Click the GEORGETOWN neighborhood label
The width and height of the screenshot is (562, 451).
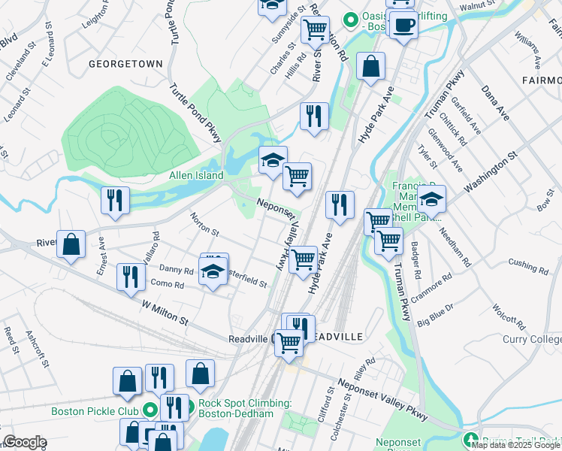pos(125,65)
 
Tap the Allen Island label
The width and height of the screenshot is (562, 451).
pos(195,175)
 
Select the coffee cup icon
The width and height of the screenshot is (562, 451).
pos(403,26)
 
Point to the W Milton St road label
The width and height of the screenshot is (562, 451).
pos(165,310)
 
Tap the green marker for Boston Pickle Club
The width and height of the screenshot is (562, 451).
pos(150,411)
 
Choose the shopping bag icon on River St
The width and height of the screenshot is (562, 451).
pos(71,245)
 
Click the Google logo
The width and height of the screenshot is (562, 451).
pos(25,442)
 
